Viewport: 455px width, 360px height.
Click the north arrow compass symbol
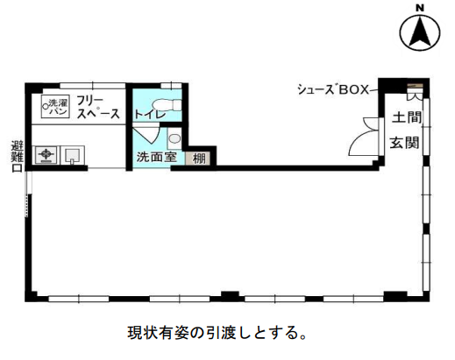[x=420, y=32]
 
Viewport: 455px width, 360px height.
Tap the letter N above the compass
[x=420, y=9]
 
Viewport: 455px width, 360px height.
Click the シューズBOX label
[x=333, y=89]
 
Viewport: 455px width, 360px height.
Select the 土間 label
[x=407, y=117]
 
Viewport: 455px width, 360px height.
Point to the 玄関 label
[x=405, y=143]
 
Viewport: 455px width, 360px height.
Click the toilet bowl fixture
[x=167, y=105]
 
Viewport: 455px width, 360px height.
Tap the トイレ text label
[x=150, y=115]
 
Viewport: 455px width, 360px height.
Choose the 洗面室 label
[x=157, y=157]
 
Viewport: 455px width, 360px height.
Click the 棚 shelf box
[x=198, y=159]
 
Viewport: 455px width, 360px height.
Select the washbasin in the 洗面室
[x=174, y=138]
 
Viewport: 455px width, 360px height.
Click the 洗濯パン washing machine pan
[x=55, y=107]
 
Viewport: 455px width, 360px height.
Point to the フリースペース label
[x=98, y=108]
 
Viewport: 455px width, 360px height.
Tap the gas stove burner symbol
[x=46, y=154]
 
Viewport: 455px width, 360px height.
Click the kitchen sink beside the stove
[x=73, y=155]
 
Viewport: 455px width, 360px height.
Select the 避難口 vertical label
[x=17, y=157]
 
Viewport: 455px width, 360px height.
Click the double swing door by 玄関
[x=366, y=137]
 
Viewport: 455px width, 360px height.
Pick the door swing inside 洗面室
[x=146, y=133]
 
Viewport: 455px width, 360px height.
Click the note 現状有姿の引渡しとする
[x=217, y=333]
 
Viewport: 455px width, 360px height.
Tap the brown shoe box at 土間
[x=416, y=86]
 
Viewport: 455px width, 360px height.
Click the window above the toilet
[x=171, y=86]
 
